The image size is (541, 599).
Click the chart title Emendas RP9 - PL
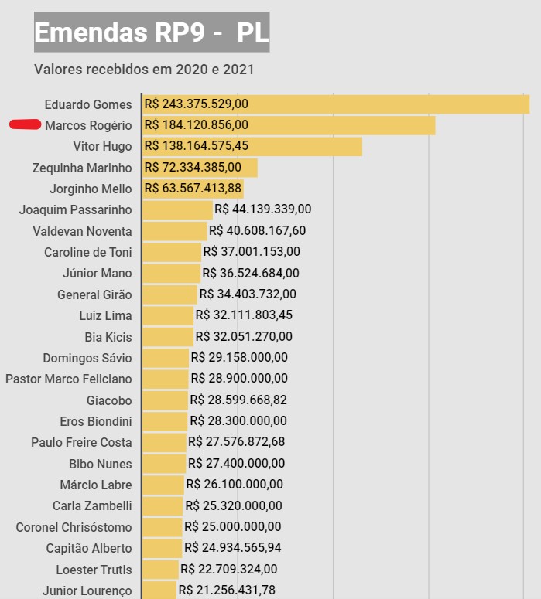(x=152, y=32)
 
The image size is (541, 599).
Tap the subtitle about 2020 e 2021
(x=144, y=70)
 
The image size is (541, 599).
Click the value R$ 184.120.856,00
(x=197, y=124)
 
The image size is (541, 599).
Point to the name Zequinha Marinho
(x=82, y=168)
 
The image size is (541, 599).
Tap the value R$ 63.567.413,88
(x=193, y=188)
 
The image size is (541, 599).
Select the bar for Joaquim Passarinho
(x=177, y=209)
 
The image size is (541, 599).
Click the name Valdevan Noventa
(x=82, y=231)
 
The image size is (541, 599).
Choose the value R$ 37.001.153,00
(x=252, y=251)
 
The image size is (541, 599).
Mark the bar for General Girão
(x=169, y=294)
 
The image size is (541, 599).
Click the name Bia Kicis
(x=108, y=337)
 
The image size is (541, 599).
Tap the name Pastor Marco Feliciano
(x=69, y=379)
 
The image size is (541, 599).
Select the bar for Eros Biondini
(x=165, y=421)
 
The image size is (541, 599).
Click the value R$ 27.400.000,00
(x=237, y=463)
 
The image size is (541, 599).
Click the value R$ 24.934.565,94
(x=233, y=548)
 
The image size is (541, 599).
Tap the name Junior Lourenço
(x=87, y=590)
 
